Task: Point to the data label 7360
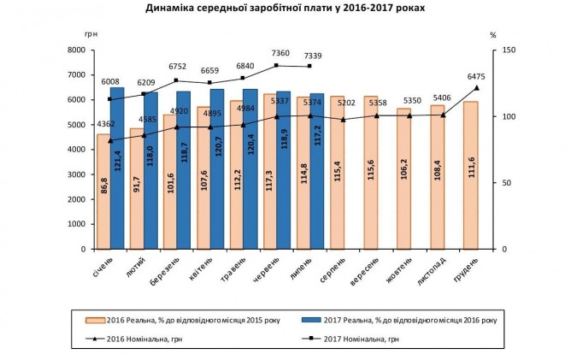pyautogui.click(x=276, y=54)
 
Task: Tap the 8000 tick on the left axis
pyautogui.click(x=74, y=50)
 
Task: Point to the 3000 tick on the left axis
pyautogui.click(x=74, y=174)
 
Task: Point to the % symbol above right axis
pyautogui.click(x=493, y=35)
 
